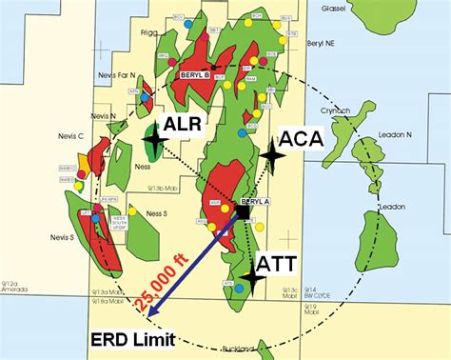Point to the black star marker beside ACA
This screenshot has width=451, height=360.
pos(272,151)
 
